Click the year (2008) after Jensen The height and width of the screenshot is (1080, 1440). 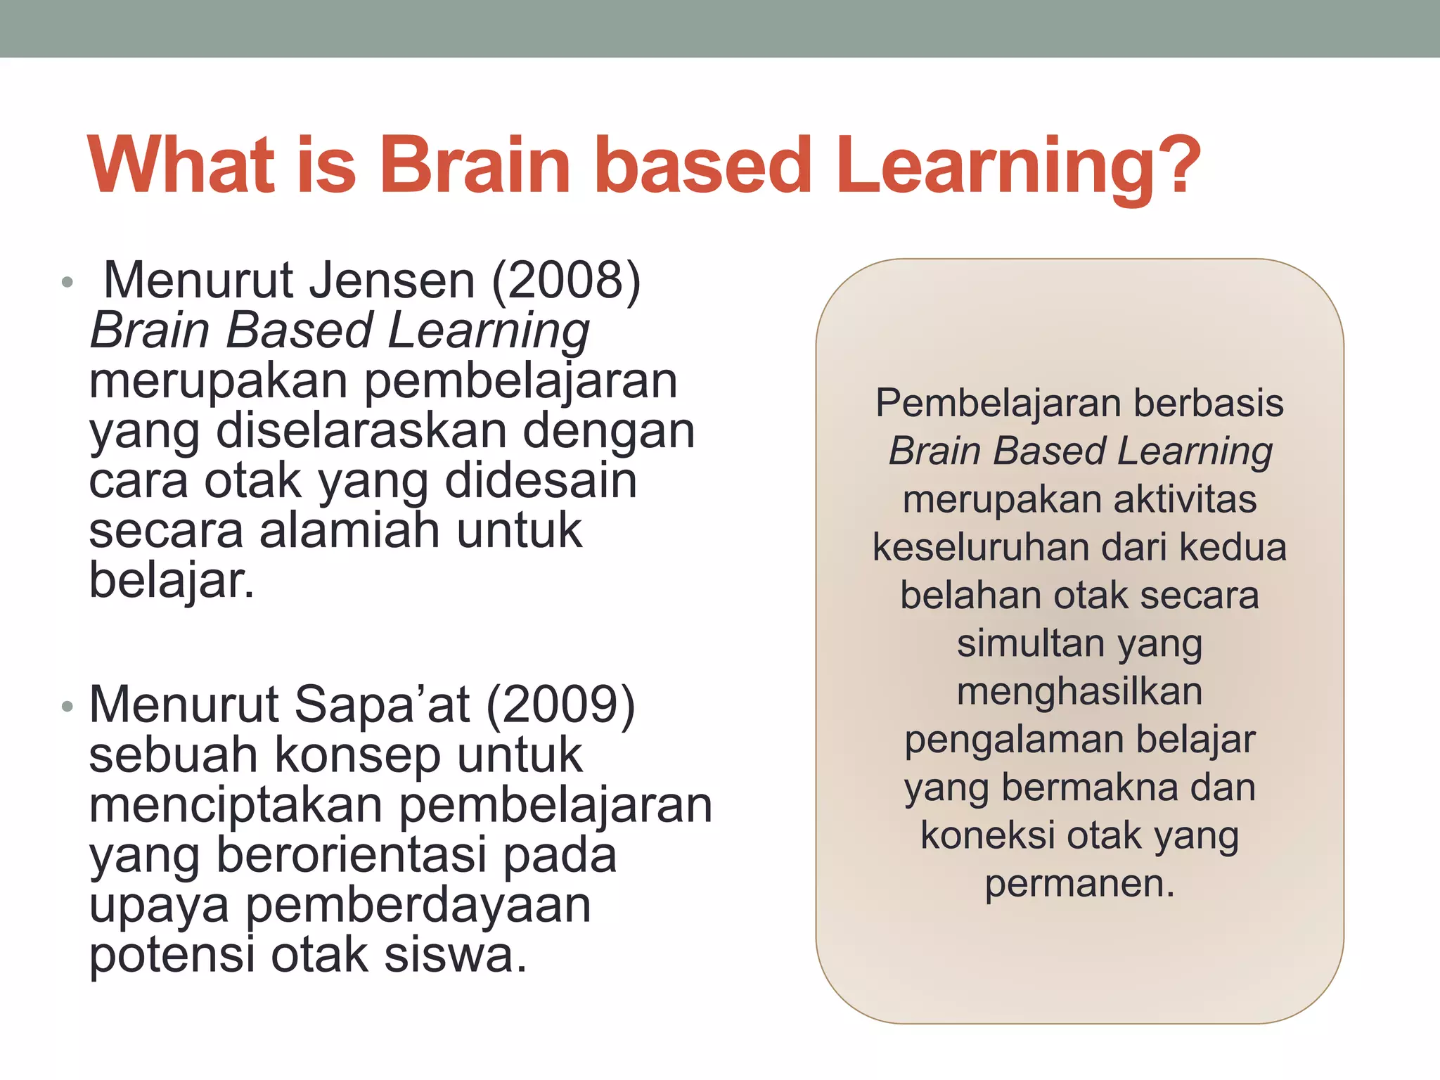pos(566,281)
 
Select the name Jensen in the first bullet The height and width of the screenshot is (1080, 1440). pos(392,281)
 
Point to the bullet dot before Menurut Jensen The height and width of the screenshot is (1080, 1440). pos(67,283)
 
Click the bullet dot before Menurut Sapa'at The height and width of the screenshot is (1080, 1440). pos(67,706)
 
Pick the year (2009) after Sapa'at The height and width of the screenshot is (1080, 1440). pos(560,705)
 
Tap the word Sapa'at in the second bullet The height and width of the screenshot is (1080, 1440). pos(381,705)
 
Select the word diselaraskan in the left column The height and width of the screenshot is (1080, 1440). pos(361,431)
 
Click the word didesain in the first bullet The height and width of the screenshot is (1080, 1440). pos(541,481)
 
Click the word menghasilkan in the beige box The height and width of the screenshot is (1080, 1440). pos(1079,692)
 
